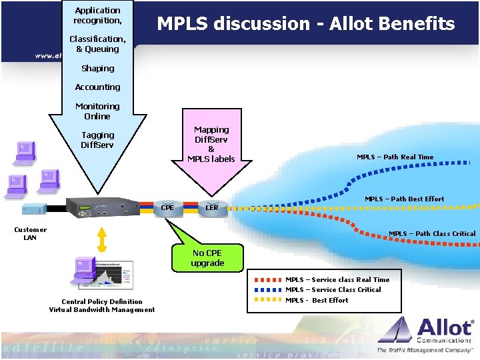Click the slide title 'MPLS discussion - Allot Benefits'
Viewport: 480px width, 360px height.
(x=305, y=25)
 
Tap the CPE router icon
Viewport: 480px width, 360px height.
(x=167, y=208)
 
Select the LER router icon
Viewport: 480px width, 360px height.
(x=212, y=208)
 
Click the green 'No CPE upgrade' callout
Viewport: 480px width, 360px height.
(x=207, y=258)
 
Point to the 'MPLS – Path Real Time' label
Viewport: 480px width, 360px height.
(x=395, y=157)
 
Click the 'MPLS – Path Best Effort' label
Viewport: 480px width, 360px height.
(x=404, y=199)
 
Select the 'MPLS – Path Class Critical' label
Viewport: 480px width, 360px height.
(x=432, y=233)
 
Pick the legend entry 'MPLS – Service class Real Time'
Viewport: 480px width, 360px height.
(x=337, y=279)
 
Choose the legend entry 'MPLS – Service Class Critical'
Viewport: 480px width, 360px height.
(x=333, y=289)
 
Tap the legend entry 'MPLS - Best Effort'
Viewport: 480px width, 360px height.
(x=317, y=300)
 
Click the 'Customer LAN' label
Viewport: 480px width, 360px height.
(x=31, y=233)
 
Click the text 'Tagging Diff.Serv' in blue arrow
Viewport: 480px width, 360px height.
(x=97, y=140)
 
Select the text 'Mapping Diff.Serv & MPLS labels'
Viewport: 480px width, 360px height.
(x=211, y=144)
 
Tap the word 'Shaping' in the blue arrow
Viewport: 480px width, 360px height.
(x=97, y=68)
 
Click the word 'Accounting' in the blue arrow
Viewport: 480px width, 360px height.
(x=97, y=87)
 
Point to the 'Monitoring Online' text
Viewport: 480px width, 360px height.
(x=97, y=111)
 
